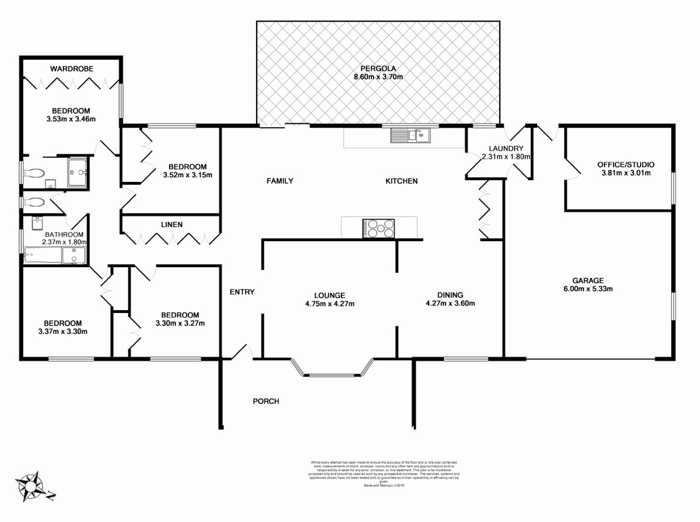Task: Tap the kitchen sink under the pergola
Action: (x=410, y=136)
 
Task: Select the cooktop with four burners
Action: (x=379, y=228)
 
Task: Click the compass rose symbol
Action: (x=31, y=486)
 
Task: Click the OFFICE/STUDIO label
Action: (x=625, y=165)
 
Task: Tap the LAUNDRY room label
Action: (x=506, y=148)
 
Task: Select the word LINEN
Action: (x=171, y=224)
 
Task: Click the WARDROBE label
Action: (x=71, y=69)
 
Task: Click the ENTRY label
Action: (x=242, y=292)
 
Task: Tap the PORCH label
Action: (x=266, y=401)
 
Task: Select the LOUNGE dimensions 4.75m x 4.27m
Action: (x=330, y=304)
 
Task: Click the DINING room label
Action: (x=450, y=295)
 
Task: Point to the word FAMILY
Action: (x=280, y=181)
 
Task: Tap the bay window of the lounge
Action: (x=333, y=371)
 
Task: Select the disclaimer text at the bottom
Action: (x=383, y=473)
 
